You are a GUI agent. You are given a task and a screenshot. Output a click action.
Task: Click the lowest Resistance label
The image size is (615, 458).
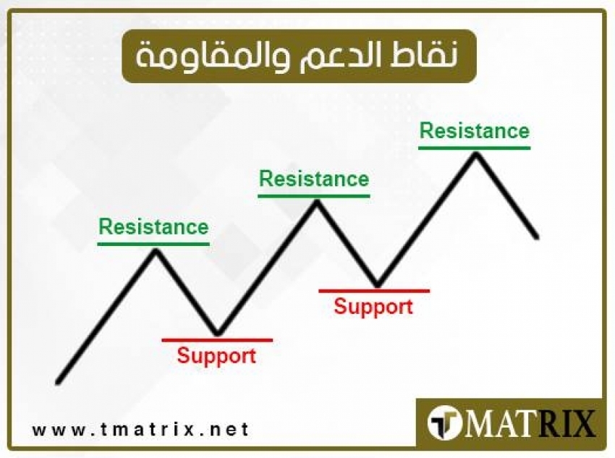(153, 227)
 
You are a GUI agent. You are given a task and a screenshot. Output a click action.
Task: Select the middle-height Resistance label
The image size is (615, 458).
(314, 179)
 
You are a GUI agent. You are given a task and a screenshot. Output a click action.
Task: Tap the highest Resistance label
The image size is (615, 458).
(475, 131)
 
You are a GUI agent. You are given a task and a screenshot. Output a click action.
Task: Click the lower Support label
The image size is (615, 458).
(216, 356)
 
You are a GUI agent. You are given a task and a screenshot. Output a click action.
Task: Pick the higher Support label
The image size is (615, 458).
(373, 307)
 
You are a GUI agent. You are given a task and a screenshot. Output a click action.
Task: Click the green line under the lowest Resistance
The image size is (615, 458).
(153, 243)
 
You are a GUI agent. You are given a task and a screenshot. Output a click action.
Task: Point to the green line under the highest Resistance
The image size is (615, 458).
(475, 148)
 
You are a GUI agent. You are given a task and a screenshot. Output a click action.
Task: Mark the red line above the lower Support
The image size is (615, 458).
(217, 339)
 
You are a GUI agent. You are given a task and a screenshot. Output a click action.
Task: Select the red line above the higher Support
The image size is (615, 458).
(374, 291)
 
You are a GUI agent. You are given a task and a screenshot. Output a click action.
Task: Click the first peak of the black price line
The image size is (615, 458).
(155, 250)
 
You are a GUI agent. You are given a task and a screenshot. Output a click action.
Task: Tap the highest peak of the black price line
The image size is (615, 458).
(475, 153)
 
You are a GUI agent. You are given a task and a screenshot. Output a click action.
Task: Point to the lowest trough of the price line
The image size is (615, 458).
(217, 334)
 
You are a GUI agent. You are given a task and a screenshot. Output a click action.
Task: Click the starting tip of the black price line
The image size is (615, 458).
(58, 381)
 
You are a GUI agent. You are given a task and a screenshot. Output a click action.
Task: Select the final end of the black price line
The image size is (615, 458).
(537, 236)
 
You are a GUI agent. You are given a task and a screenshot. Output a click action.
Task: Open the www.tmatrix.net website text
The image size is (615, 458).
(140, 429)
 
